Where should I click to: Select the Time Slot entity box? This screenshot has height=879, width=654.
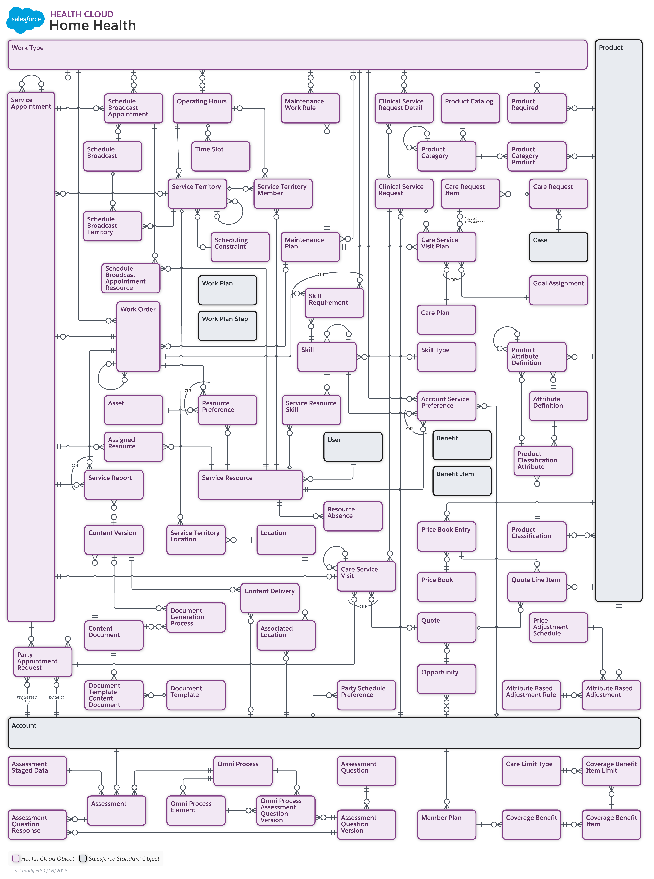[220, 156]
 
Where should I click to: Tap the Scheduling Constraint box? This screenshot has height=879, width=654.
[240, 247]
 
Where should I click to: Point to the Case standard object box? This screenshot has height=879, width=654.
[558, 247]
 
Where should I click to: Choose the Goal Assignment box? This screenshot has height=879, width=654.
[558, 290]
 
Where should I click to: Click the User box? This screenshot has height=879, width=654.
[353, 446]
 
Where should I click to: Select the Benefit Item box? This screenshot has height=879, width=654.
[462, 481]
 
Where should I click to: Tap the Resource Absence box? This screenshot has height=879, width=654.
[353, 516]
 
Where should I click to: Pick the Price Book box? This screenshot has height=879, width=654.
[446, 586]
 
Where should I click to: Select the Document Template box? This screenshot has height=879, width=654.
[196, 695]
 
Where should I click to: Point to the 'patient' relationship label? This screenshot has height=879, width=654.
[56, 697]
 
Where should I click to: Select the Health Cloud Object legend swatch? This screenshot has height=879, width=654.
[16, 858]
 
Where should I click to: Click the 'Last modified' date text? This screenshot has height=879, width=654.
[40, 870]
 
